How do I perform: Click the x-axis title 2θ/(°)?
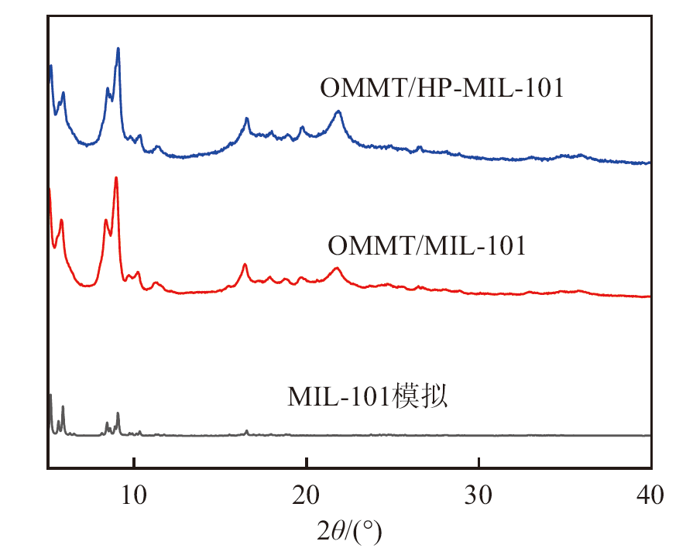[349, 532]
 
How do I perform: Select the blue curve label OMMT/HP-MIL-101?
[441, 87]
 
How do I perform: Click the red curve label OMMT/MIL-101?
[427, 246]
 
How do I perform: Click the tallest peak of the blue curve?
[118, 49]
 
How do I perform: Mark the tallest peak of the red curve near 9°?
[116, 178]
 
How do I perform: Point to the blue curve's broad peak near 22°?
[338, 111]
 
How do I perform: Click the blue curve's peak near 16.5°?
[246, 118]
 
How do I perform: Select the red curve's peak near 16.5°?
[245, 265]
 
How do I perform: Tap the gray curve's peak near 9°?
[118, 413]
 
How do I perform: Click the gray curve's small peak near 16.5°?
[246, 431]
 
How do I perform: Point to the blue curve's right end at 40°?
[649, 163]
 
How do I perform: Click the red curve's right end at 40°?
[649, 296]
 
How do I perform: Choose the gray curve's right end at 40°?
[649, 435]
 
